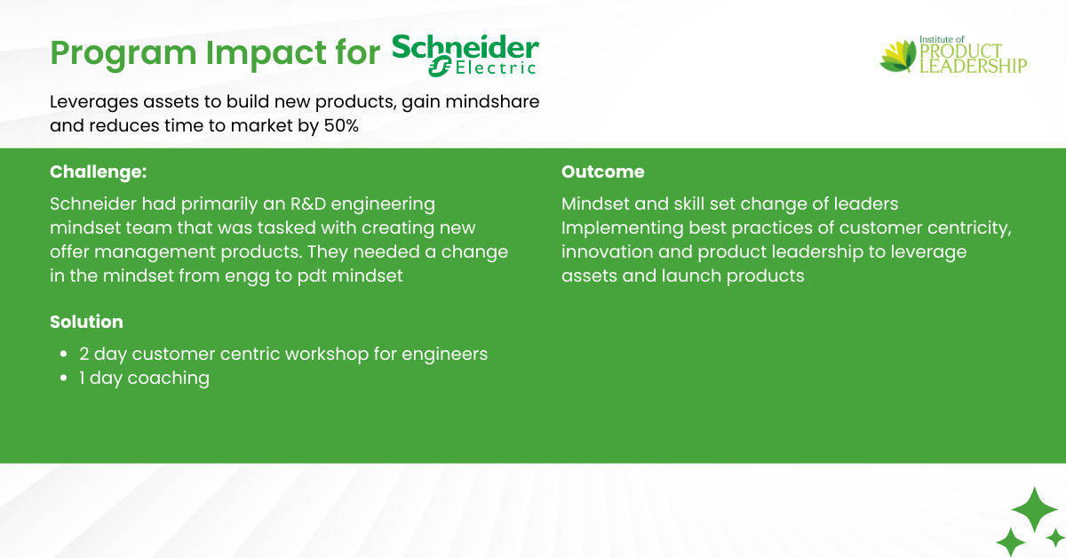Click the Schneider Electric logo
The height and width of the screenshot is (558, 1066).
(465, 55)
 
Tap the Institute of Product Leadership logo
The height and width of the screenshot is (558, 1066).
(953, 55)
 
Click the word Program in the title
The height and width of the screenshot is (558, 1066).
(123, 53)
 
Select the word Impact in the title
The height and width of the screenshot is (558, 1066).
(266, 53)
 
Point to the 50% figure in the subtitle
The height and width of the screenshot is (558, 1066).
(341, 125)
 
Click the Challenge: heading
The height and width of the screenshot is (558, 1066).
(99, 171)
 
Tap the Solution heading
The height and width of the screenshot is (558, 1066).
(87, 322)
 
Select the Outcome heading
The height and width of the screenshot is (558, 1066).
(603, 171)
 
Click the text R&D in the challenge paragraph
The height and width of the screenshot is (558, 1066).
(308, 203)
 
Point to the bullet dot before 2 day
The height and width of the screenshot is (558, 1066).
(64, 355)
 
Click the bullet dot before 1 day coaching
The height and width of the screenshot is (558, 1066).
(64, 378)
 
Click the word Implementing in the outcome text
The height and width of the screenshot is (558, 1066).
(623, 229)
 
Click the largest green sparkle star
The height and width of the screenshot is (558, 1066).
(1034, 509)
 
